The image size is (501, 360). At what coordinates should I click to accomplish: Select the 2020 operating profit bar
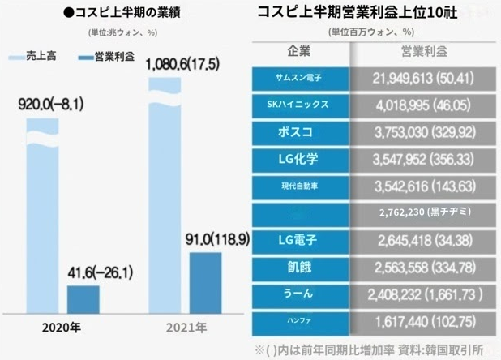(x=83, y=298)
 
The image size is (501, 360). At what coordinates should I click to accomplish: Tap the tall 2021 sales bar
(x=167, y=195)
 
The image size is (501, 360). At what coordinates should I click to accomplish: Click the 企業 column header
(x=301, y=53)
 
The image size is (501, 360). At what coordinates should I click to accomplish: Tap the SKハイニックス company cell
(x=301, y=105)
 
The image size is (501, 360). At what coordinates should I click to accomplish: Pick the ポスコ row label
(x=301, y=131)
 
